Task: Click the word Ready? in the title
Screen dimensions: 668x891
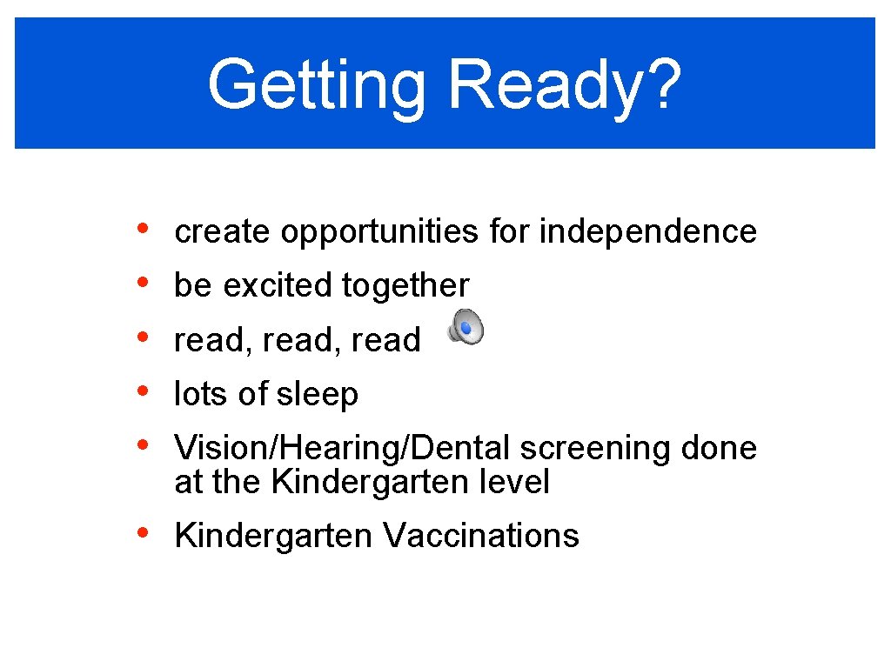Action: [565, 85]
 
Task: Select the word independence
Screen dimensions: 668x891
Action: [648, 231]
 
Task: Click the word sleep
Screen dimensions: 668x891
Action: [317, 395]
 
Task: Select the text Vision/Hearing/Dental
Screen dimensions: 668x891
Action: [343, 449]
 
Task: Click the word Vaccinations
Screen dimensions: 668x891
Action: [480, 536]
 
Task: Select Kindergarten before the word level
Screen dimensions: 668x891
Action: [372, 482]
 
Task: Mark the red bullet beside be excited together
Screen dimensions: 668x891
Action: [143, 283]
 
